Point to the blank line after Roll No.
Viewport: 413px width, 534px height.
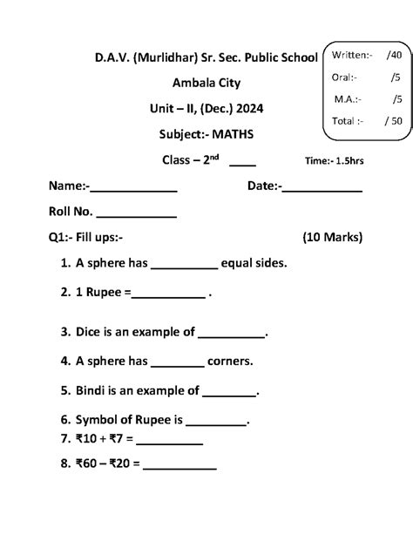(x=136, y=213)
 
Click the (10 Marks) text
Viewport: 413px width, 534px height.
(x=332, y=237)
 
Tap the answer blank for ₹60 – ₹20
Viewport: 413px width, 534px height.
(x=179, y=466)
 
